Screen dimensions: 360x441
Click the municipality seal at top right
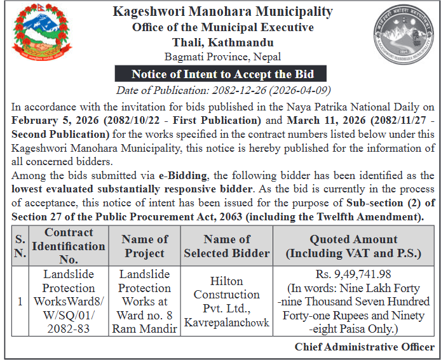[401, 32]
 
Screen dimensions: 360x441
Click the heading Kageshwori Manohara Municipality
[222, 11]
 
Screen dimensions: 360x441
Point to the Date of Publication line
[223, 90]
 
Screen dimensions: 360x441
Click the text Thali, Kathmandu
[223, 43]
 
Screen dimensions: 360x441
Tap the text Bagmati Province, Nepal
[223, 57]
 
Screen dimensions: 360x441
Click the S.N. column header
[20, 246]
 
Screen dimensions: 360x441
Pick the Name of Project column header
[145, 246]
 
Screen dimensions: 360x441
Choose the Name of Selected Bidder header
[227, 246]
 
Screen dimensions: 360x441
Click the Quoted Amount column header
[353, 246]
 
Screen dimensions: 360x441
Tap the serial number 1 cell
[20, 301]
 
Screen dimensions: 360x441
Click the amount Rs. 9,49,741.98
[353, 274]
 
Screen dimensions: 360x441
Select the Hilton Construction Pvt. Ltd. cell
[227, 301]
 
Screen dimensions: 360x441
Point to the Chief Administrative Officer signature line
[364, 347]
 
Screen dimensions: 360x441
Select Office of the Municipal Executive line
[223, 27]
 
